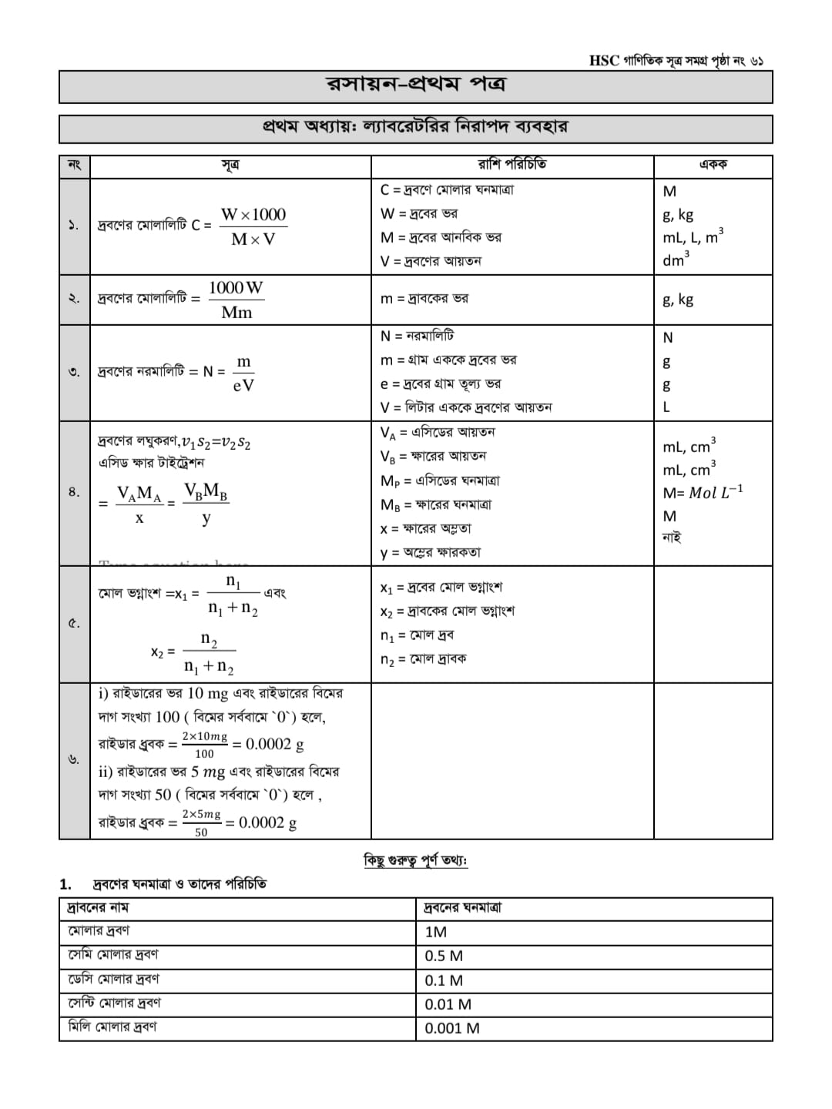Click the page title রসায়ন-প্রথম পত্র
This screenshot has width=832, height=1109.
point(416,85)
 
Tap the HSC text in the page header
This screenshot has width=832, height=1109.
point(604,61)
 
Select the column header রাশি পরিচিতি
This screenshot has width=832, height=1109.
point(512,165)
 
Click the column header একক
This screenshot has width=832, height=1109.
point(713,165)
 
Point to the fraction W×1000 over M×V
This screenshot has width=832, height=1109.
point(253,226)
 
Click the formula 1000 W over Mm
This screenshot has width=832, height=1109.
point(237,300)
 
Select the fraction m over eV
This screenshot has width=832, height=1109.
point(243,374)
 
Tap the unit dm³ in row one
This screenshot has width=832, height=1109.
point(676,260)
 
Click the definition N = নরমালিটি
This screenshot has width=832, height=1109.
point(417,336)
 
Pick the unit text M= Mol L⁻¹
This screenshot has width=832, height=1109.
point(703,493)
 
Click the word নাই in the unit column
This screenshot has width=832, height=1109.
point(672,538)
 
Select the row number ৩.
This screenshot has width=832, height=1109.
point(74,372)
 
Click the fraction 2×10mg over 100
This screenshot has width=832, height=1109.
point(204,745)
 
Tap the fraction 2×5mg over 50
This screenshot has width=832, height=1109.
point(201,823)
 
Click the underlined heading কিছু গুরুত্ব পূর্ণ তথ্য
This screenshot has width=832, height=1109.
point(415,860)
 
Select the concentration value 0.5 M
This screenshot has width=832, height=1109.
point(444,957)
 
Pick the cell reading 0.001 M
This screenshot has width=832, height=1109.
point(451,1028)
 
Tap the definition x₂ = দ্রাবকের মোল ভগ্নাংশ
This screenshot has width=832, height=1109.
point(447,611)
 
